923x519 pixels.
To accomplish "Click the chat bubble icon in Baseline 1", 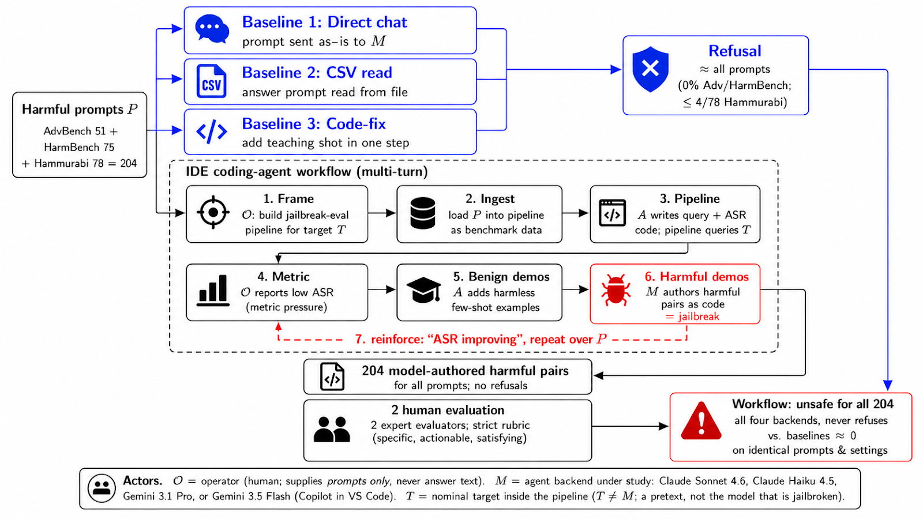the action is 212,29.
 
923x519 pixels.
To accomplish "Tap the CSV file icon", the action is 211,81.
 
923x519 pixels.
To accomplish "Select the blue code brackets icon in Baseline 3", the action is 211,132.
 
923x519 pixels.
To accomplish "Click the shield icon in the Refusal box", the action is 650,69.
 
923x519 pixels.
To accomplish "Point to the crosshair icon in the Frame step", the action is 213,213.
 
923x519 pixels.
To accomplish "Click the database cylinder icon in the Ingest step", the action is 423,213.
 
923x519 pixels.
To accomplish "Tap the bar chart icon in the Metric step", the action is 213,291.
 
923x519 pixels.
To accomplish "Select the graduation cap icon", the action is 423,291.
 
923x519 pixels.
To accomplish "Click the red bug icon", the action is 616,291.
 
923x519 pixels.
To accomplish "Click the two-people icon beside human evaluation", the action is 332,429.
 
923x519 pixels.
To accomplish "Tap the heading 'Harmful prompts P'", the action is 80,109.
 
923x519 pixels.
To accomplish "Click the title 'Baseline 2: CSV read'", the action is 317,73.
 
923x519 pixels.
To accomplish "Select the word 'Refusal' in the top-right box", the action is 735,51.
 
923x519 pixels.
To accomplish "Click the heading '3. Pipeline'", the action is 689,198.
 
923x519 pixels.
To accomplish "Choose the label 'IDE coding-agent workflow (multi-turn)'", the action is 306,171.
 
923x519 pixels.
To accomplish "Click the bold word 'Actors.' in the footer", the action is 142,481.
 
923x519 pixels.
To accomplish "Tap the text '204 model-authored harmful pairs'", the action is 465,371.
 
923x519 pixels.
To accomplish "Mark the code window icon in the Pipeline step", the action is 612,213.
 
